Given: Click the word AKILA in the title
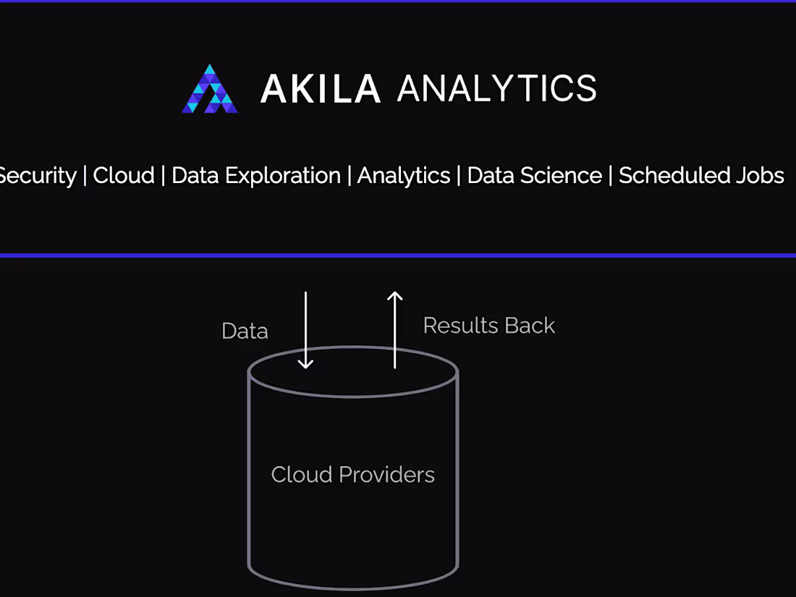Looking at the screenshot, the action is pyautogui.click(x=321, y=89).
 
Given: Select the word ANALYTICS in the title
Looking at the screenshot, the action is pyautogui.click(x=497, y=88).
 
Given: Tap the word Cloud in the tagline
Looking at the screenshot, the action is pyautogui.click(x=123, y=176).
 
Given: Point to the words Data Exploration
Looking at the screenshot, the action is pyautogui.click(x=256, y=176).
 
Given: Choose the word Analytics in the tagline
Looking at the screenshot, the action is pyautogui.click(x=404, y=176).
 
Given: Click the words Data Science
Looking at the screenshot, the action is pyautogui.click(x=535, y=176).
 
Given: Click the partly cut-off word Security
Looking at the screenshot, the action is pyautogui.click(x=38, y=176).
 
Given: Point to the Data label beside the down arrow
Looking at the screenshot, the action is pyautogui.click(x=245, y=331).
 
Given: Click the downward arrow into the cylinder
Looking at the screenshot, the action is pyautogui.click(x=305, y=330).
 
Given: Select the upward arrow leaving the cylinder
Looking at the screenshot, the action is pyautogui.click(x=395, y=330).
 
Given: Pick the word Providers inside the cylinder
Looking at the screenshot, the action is pyautogui.click(x=387, y=475).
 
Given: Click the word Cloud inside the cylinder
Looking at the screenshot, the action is pyautogui.click(x=302, y=475).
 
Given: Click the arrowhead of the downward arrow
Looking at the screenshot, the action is pyautogui.click(x=305, y=364).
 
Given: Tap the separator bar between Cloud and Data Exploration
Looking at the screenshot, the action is pyautogui.click(x=163, y=176).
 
